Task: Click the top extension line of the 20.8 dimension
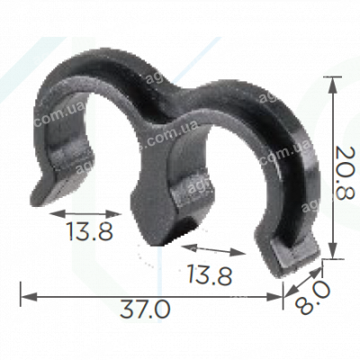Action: tap(319, 76)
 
